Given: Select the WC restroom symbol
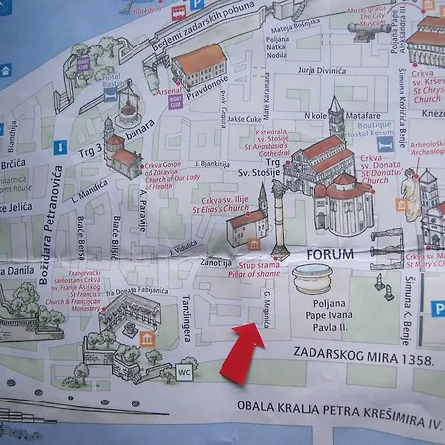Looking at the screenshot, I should tap(184, 373).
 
